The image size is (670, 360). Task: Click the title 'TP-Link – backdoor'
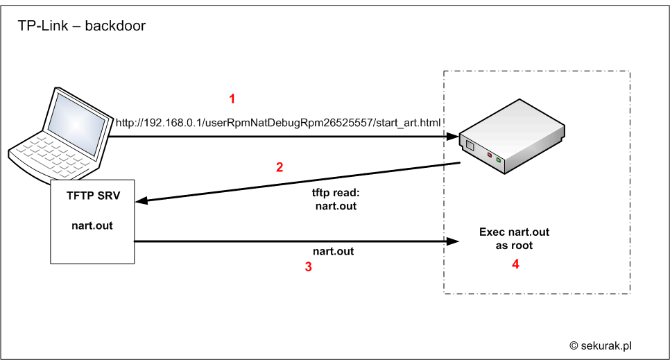click(x=82, y=26)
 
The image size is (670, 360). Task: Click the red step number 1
click(x=232, y=98)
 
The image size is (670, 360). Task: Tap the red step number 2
click(x=280, y=166)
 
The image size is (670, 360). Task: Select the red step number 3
click(x=308, y=267)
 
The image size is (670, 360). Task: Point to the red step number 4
click(x=515, y=264)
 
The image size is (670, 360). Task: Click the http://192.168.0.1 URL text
click(x=277, y=123)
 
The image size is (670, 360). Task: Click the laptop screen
click(x=76, y=123)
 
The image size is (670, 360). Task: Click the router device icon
click(x=512, y=137)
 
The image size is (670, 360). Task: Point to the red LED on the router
click(x=490, y=155)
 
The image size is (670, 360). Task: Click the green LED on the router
click(x=499, y=160)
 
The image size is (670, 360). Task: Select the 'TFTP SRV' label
click(x=93, y=196)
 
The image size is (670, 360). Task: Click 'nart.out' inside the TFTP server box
click(x=92, y=225)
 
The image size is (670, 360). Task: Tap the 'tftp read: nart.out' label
click(x=336, y=199)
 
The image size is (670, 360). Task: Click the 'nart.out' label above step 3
click(x=334, y=251)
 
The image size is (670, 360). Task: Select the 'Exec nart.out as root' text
click(x=514, y=239)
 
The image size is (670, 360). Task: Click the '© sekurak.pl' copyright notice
click(x=601, y=345)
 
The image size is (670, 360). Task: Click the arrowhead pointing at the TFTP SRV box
click(x=141, y=200)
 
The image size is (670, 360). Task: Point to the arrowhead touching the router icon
click(x=452, y=137)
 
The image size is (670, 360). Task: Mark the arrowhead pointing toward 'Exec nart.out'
click(x=452, y=241)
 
